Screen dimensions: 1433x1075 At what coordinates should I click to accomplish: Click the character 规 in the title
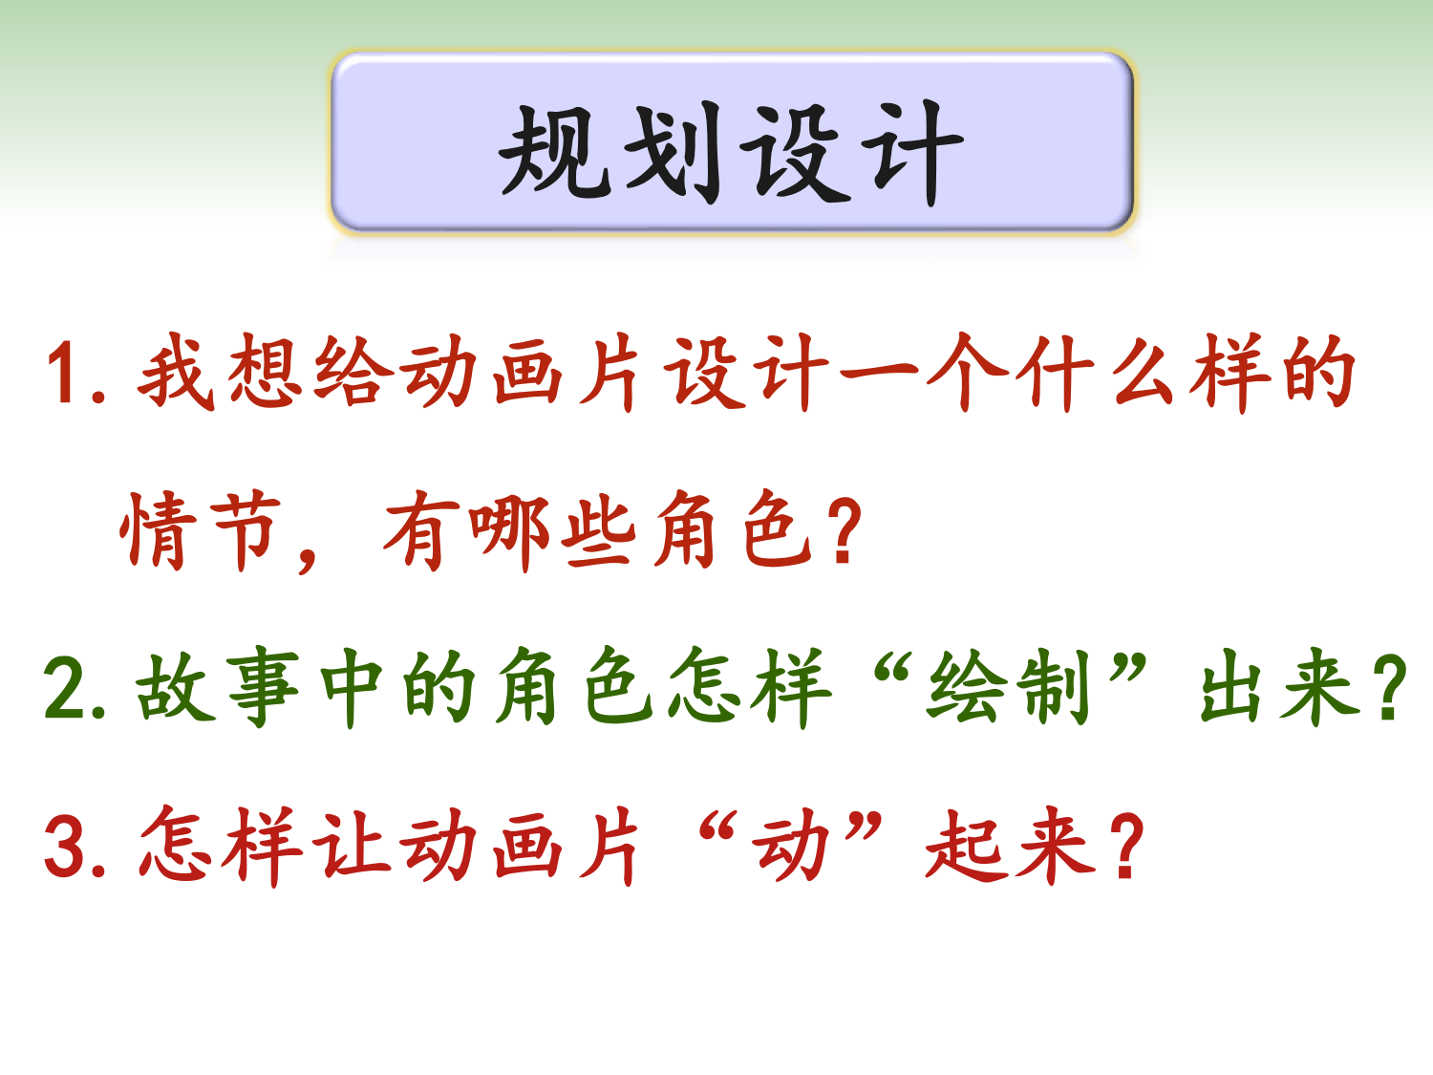555,151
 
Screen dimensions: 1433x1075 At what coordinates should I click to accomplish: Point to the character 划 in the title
673,151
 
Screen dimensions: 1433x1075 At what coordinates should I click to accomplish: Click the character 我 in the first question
176,372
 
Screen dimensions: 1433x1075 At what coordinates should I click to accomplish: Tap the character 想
265,372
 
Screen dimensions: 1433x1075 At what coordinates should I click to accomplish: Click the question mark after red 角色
843,530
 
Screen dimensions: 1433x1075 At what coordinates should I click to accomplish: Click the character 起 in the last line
965,845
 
